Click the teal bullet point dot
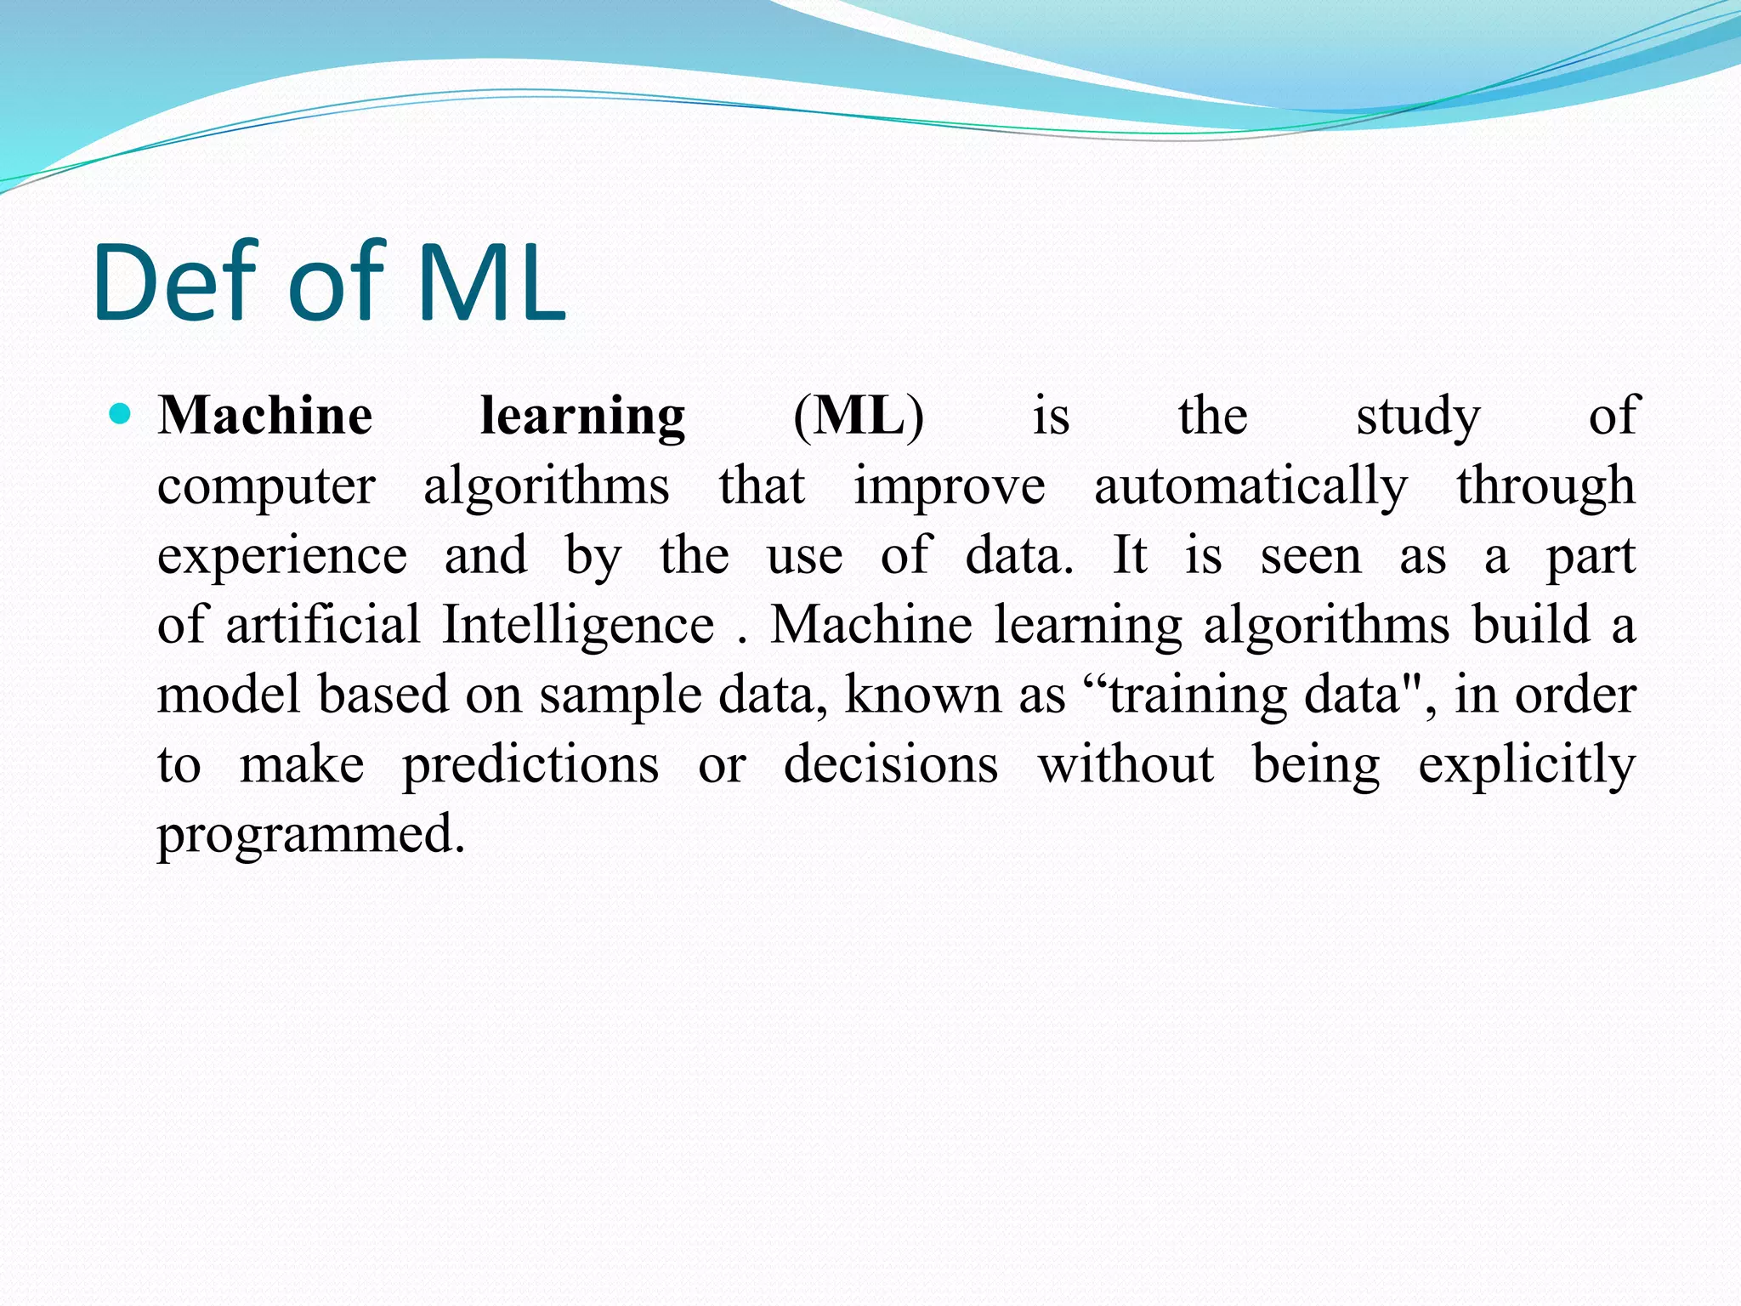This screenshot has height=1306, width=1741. (x=122, y=415)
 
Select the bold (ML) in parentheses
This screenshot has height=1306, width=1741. (x=859, y=417)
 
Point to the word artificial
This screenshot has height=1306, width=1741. (x=323, y=624)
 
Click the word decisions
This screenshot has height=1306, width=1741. (x=891, y=764)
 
